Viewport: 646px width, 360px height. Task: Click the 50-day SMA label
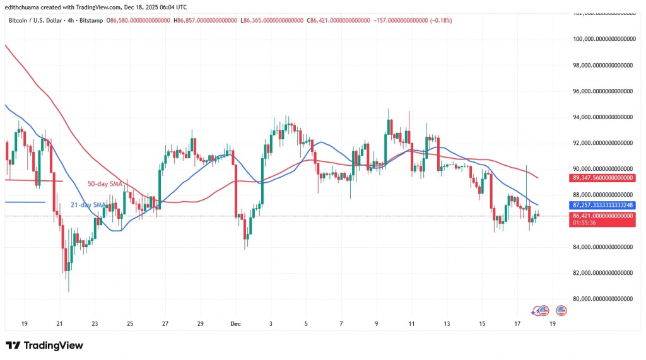point(105,183)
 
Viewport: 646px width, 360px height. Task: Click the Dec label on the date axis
point(235,323)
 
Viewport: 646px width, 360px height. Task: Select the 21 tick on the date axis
point(59,323)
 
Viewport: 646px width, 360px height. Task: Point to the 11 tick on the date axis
point(411,323)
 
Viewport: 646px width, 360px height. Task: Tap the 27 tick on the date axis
point(165,323)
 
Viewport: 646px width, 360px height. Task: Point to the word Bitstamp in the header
point(92,21)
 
